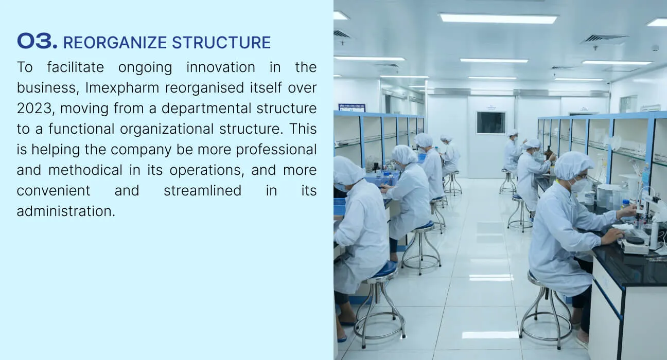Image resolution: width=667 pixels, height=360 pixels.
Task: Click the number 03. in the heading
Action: [x=37, y=41]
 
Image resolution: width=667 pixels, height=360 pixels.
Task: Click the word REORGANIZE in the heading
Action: [x=115, y=43]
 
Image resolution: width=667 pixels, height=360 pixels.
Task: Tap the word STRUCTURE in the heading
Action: [x=221, y=43]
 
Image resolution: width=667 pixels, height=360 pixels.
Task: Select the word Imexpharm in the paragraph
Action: [x=122, y=88]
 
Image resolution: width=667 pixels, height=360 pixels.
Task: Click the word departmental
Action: [x=205, y=109]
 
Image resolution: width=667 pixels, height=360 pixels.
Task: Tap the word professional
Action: [x=276, y=150]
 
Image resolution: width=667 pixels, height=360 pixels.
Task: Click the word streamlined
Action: [x=202, y=191]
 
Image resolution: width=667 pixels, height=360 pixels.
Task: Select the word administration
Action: [x=66, y=211]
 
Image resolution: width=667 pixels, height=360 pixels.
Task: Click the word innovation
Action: [x=221, y=67]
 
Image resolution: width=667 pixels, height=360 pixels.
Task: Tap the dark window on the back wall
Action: [x=490, y=122]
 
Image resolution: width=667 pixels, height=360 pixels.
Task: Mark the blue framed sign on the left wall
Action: [x=352, y=107]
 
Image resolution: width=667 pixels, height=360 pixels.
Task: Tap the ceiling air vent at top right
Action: [x=604, y=39]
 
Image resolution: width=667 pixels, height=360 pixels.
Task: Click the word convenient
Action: [x=54, y=191]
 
